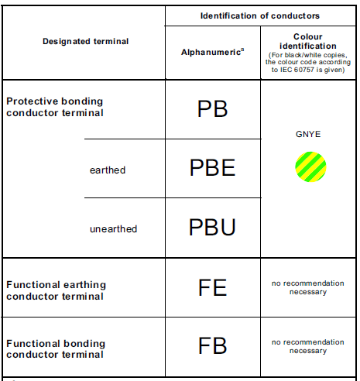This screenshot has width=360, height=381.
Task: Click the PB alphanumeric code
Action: coord(212,109)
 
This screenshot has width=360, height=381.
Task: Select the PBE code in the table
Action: coord(212,168)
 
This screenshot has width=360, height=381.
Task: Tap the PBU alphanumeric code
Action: coord(212,227)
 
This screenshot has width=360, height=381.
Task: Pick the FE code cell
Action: coord(212,287)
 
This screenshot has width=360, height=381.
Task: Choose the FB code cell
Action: coord(212,345)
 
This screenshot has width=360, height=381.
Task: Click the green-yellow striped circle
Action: coord(310,166)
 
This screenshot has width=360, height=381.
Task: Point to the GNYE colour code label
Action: coord(308,134)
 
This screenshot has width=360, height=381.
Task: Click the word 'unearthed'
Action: coord(113,229)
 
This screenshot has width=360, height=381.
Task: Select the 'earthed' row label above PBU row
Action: coord(108,170)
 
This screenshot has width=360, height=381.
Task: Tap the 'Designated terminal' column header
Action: coord(85,41)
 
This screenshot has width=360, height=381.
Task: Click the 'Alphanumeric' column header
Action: coord(211,52)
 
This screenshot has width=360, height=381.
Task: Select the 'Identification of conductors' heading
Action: coord(260,15)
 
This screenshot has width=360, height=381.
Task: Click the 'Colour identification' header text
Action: coord(308,41)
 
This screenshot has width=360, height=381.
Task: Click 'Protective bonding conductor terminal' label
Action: coord(55,107)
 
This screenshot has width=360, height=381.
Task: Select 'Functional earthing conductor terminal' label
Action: coord(56,290)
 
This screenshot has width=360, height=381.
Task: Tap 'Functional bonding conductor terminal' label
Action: coord(56,349)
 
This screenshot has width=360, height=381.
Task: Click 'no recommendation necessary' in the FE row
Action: coord(308,287)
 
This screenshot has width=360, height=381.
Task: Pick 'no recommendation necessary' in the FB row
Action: coord(308,346)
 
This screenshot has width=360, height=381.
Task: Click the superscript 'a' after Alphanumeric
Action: coord(242,50)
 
